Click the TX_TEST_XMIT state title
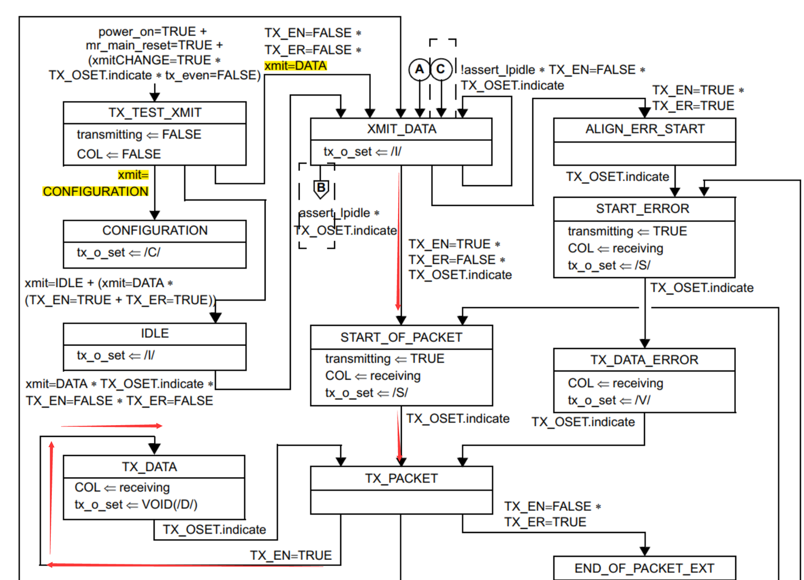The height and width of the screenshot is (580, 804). [x=155, y=113]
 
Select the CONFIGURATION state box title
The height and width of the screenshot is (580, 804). [x=155, y=231]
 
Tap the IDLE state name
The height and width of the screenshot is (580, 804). [x=155, y=334]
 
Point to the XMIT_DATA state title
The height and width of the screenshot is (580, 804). [x=401, y=129]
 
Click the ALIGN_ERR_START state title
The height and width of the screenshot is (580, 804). [x=645, y=129]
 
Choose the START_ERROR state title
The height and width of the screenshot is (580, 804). [x=643, y=209]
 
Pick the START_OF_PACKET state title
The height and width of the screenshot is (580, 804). [x=401, y=337]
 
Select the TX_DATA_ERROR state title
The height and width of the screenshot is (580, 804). [x=644, y=360]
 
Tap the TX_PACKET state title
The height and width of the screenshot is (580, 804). [x=401, y=479]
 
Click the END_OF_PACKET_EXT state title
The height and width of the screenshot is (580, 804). [x=644, y=569]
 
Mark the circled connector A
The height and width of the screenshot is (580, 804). [x=419, y=70]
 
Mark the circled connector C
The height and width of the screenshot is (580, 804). [x=441, y=69]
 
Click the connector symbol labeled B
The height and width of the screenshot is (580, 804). [x=321, y=188]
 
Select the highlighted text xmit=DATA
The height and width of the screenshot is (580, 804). [x=295, y=66]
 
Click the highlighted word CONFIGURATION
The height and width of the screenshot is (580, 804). [x=95, y=192]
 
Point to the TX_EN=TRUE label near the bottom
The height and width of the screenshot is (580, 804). [x=290, y=555]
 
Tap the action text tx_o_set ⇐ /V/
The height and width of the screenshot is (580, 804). [x=609, y=401]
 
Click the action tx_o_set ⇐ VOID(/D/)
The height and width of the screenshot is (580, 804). [x=136, y=505]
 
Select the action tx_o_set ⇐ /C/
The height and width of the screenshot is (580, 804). [x=118, y=253]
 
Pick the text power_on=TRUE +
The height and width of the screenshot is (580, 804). [x=152, y=32]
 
